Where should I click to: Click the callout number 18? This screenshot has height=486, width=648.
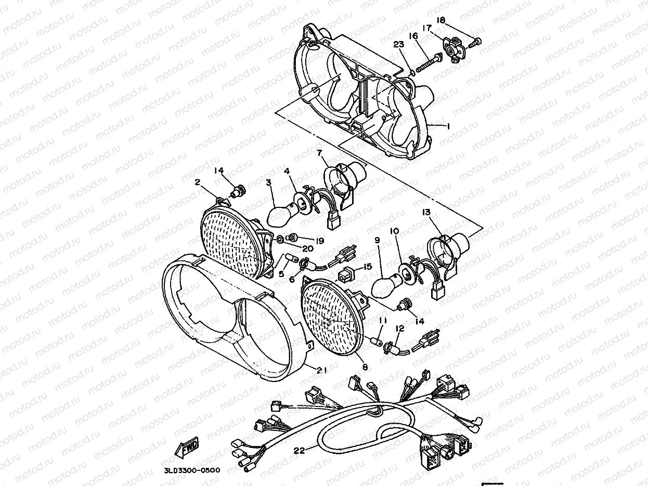[441, 20]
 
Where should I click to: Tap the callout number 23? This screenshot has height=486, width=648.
[398, 45]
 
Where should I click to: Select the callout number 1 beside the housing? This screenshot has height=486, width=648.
[448, 126]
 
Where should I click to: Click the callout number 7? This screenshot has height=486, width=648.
[319, 153]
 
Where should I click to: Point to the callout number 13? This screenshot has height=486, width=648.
[426, 212]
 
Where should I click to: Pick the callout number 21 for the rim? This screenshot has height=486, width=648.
[322, 370]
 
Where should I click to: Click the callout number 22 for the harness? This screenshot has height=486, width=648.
[300, 451]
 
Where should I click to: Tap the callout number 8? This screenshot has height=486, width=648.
[365, 367]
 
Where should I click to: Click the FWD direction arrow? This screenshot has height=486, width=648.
[187, 448]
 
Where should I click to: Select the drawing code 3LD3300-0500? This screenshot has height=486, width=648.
[192, 470]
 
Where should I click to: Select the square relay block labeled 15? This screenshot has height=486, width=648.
[344, 276]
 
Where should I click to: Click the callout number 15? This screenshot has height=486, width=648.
[368, 267]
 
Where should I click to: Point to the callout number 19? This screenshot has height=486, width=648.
[320, 241]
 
